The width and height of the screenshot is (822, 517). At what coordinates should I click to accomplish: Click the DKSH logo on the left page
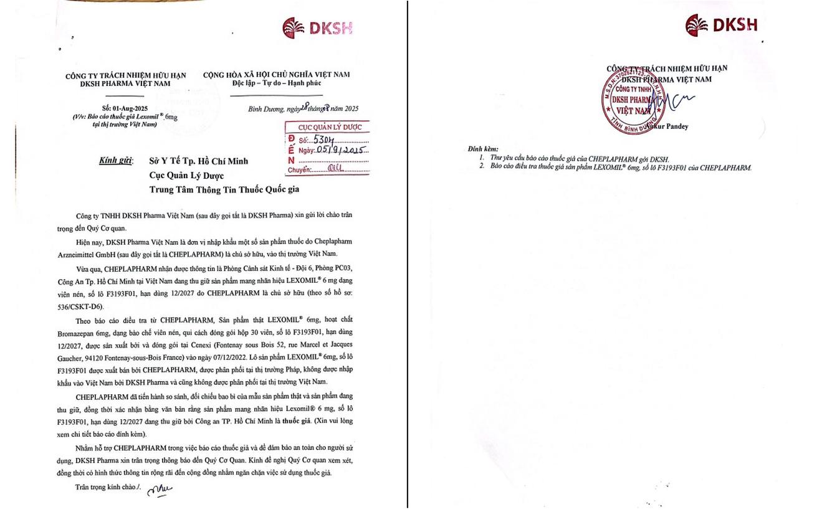click(x=317, y=28)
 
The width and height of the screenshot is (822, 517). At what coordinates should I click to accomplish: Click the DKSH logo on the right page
click(x=721, y=25)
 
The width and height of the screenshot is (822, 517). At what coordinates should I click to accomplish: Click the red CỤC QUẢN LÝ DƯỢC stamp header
click(x=330, y=127)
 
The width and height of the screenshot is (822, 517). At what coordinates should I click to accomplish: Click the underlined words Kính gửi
click(x=116, y=161)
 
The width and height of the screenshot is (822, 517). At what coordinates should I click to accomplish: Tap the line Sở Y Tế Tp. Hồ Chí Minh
click(x=198, y=161)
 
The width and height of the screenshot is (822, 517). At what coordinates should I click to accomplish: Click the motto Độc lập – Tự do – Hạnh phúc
click(x=276, y=83)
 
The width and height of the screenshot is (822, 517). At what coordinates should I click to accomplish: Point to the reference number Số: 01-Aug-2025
click(x=125, y=108)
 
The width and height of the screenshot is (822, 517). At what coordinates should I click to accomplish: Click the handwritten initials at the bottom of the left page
click(x=159, y=490)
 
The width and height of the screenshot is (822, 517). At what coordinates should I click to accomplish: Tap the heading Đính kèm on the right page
click(x=483, y=149)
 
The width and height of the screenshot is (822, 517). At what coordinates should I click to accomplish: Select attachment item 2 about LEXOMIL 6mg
click(x=620, y=168)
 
